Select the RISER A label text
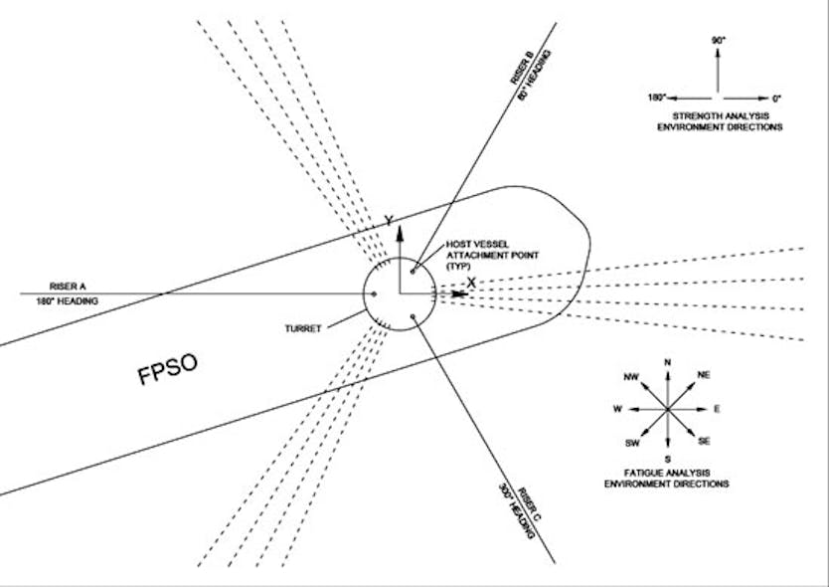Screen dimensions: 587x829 47,283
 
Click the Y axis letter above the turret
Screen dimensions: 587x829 388,221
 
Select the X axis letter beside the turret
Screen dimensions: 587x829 471,283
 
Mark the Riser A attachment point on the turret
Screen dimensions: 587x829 373,293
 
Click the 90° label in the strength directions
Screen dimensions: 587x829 718,41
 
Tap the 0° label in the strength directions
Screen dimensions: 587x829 776,98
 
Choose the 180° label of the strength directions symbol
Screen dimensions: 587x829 655,98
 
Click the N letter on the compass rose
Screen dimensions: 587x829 668,362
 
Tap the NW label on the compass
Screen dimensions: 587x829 628,377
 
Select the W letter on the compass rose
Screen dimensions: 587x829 617,408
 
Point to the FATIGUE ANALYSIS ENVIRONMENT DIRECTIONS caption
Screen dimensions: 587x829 667,477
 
